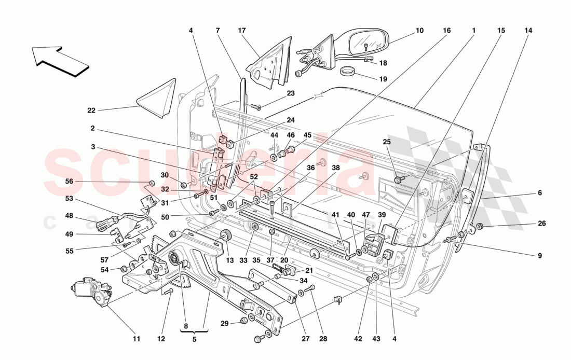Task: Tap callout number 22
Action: click(92, 110)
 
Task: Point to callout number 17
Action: click(242, 31)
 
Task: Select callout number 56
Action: click(69, 182)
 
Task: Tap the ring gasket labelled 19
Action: click(350, 71)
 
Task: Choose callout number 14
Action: click(528, 31)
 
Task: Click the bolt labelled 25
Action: click(399, 179)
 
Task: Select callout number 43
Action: click(376, 339)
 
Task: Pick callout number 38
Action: click(336, 168)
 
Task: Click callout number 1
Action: click(473, 31)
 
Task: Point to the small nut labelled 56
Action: click(152, 184)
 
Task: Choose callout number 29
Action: click(224, 324)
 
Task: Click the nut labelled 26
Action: click(480, 226)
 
